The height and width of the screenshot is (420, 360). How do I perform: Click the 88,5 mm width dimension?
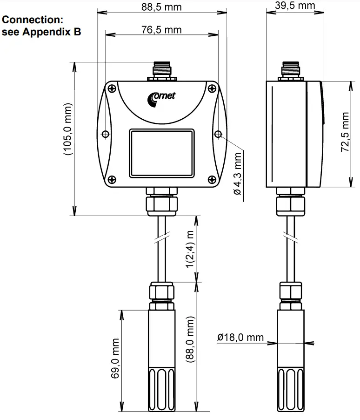(161, 7)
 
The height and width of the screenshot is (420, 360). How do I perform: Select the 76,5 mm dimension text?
(161, 30)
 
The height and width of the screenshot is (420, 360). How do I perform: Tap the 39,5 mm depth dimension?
(295, 6)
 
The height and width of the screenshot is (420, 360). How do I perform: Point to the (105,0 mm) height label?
(69, 132)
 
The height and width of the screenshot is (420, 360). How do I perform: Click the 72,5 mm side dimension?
(345, 135)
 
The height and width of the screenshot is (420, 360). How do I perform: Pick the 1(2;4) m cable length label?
(190, 249)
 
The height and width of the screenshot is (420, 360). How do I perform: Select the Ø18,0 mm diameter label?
(240, 338)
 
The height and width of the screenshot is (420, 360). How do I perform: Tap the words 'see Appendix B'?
(42, 32)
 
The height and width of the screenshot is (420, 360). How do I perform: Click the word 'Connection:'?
(32, 20)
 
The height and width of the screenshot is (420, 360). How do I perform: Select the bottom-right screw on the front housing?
(211, 179)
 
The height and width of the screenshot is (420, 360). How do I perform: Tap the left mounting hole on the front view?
(106, 134)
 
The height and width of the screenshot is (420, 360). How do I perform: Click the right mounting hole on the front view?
(218, 134)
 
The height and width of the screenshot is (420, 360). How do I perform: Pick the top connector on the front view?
(161, 71)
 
